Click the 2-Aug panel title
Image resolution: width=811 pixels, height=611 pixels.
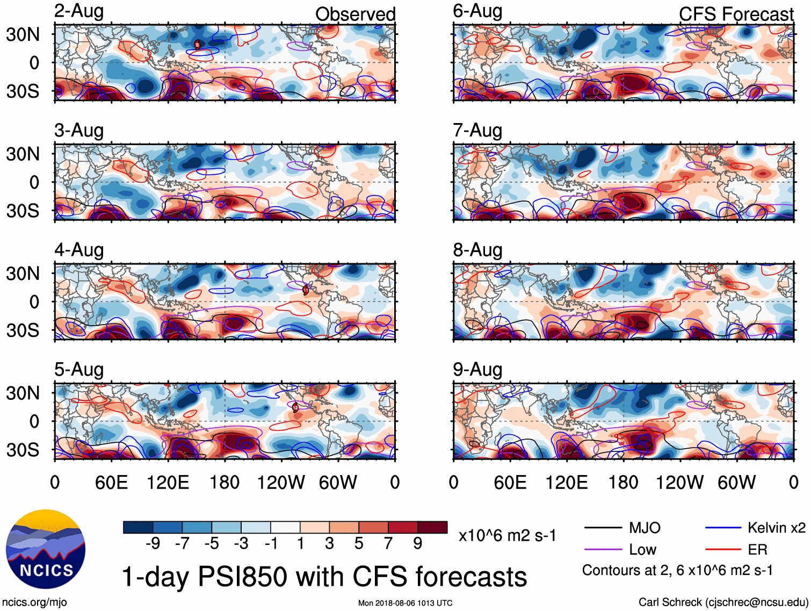(79, 11)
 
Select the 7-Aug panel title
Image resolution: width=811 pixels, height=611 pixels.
(477, 131)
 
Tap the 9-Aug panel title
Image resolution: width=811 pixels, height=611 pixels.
(477, 370)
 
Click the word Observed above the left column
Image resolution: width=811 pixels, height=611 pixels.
(355, 14)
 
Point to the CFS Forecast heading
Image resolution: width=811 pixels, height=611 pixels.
(736, 14)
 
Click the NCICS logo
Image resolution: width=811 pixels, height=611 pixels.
(46, 549)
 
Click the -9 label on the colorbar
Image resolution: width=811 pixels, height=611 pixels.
(153, 544)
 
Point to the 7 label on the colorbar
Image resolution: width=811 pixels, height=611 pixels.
(388, 544)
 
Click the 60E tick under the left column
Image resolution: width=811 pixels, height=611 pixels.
(111, 482)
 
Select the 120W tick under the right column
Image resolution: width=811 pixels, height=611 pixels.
(679, 482)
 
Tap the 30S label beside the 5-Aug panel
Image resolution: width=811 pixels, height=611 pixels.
(23, 449)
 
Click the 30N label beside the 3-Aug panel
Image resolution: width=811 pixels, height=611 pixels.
(23, 154)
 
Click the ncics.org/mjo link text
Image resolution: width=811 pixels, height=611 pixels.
(34, 602)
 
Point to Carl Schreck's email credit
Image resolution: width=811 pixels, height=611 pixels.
(723, 602)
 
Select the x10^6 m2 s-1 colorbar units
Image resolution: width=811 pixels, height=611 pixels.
(507, 536)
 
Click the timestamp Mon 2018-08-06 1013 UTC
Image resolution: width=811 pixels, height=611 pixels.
(405, 603)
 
